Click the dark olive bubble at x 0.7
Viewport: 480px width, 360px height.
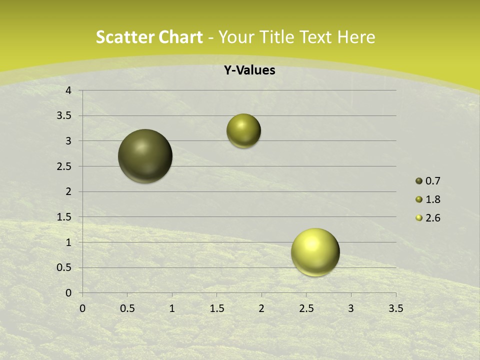(x=145, y=156)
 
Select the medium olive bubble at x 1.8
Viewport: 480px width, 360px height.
(x=243, y=131)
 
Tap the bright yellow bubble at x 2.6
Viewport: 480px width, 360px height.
(x=315, y=252)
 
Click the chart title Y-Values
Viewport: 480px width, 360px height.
(x=249, y=70)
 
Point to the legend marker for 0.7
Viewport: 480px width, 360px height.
(x=419, y=181)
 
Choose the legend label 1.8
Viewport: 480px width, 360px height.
(x=432, y=199)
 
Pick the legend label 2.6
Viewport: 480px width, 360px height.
(x=432, y=218)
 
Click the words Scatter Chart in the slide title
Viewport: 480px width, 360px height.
(x=149, y=37)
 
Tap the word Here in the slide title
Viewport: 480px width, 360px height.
(x=356, y=37)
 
